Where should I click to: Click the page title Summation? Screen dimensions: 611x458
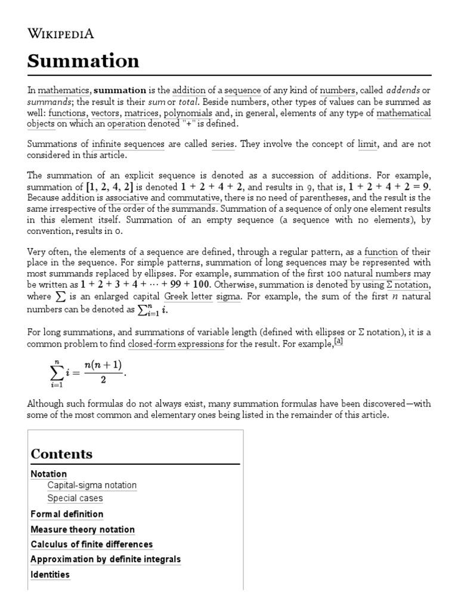pyautogui.click(x=83, y=61)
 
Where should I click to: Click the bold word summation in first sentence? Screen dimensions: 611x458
pyautogui.click(x=120, y=91)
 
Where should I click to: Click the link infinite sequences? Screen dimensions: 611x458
pyautogui.click(x=128, y=144)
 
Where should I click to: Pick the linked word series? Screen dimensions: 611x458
pyautogui.click(x=223, y=144)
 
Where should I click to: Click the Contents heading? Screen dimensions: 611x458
pyautogui.click(x=61, y=454)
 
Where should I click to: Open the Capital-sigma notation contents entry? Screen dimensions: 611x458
pyautogui.click(x=92, y=485)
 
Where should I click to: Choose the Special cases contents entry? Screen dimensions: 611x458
pyautogui.click(x=75, y=498)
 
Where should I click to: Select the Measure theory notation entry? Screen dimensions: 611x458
pyautogui.click(x=82, y=529)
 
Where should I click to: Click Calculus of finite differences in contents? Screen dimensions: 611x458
pyautogui.click(x=91, y=544)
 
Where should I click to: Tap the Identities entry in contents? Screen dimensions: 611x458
pyautogui.click(x=50, y=575)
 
